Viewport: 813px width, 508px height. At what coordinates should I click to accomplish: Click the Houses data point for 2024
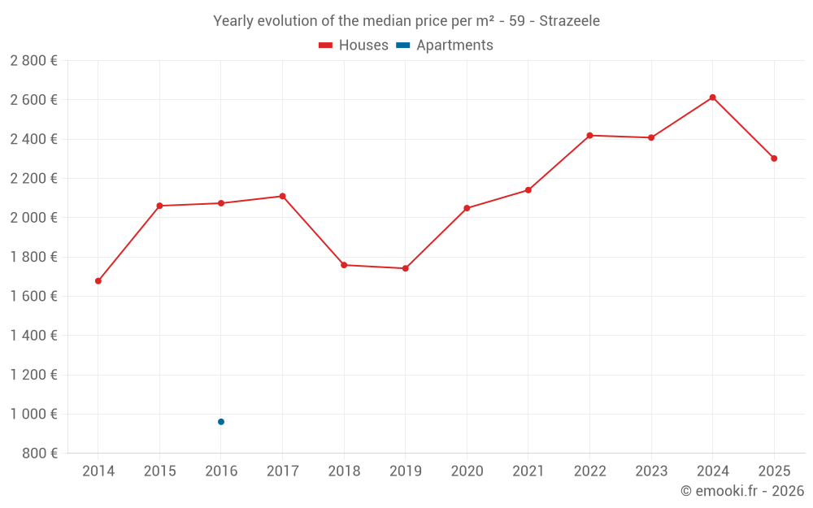click(712, 98)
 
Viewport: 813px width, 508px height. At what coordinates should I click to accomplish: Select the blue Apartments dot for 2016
click(221, 422)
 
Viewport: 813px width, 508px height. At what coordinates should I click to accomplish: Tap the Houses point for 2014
click(98, 281)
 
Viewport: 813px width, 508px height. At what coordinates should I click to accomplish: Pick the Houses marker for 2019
click(406, 268)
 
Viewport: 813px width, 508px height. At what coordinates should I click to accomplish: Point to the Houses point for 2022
click(589, 136)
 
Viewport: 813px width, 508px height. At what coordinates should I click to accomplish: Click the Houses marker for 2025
click(774, 158)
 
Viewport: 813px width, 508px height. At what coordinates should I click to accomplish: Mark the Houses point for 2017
click(282, 196)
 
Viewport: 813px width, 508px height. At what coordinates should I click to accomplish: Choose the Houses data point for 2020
click(467, 208)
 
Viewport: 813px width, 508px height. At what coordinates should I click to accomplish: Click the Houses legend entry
click(354, 46)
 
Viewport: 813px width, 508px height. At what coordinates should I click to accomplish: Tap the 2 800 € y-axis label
click(33, 61)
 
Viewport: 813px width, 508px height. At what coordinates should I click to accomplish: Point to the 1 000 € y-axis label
click(33, 414)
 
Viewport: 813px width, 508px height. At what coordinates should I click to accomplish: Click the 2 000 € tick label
click(33, 218)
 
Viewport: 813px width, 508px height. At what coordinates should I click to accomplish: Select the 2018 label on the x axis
click(344, 471)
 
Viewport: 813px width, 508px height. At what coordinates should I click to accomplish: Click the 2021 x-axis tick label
click(528, 471)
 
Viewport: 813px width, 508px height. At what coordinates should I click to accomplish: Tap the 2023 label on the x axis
click(651, 471)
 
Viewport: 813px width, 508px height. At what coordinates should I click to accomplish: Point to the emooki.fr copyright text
click(742, 491)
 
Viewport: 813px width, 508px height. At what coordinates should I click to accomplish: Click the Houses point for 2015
click(159, 206)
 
